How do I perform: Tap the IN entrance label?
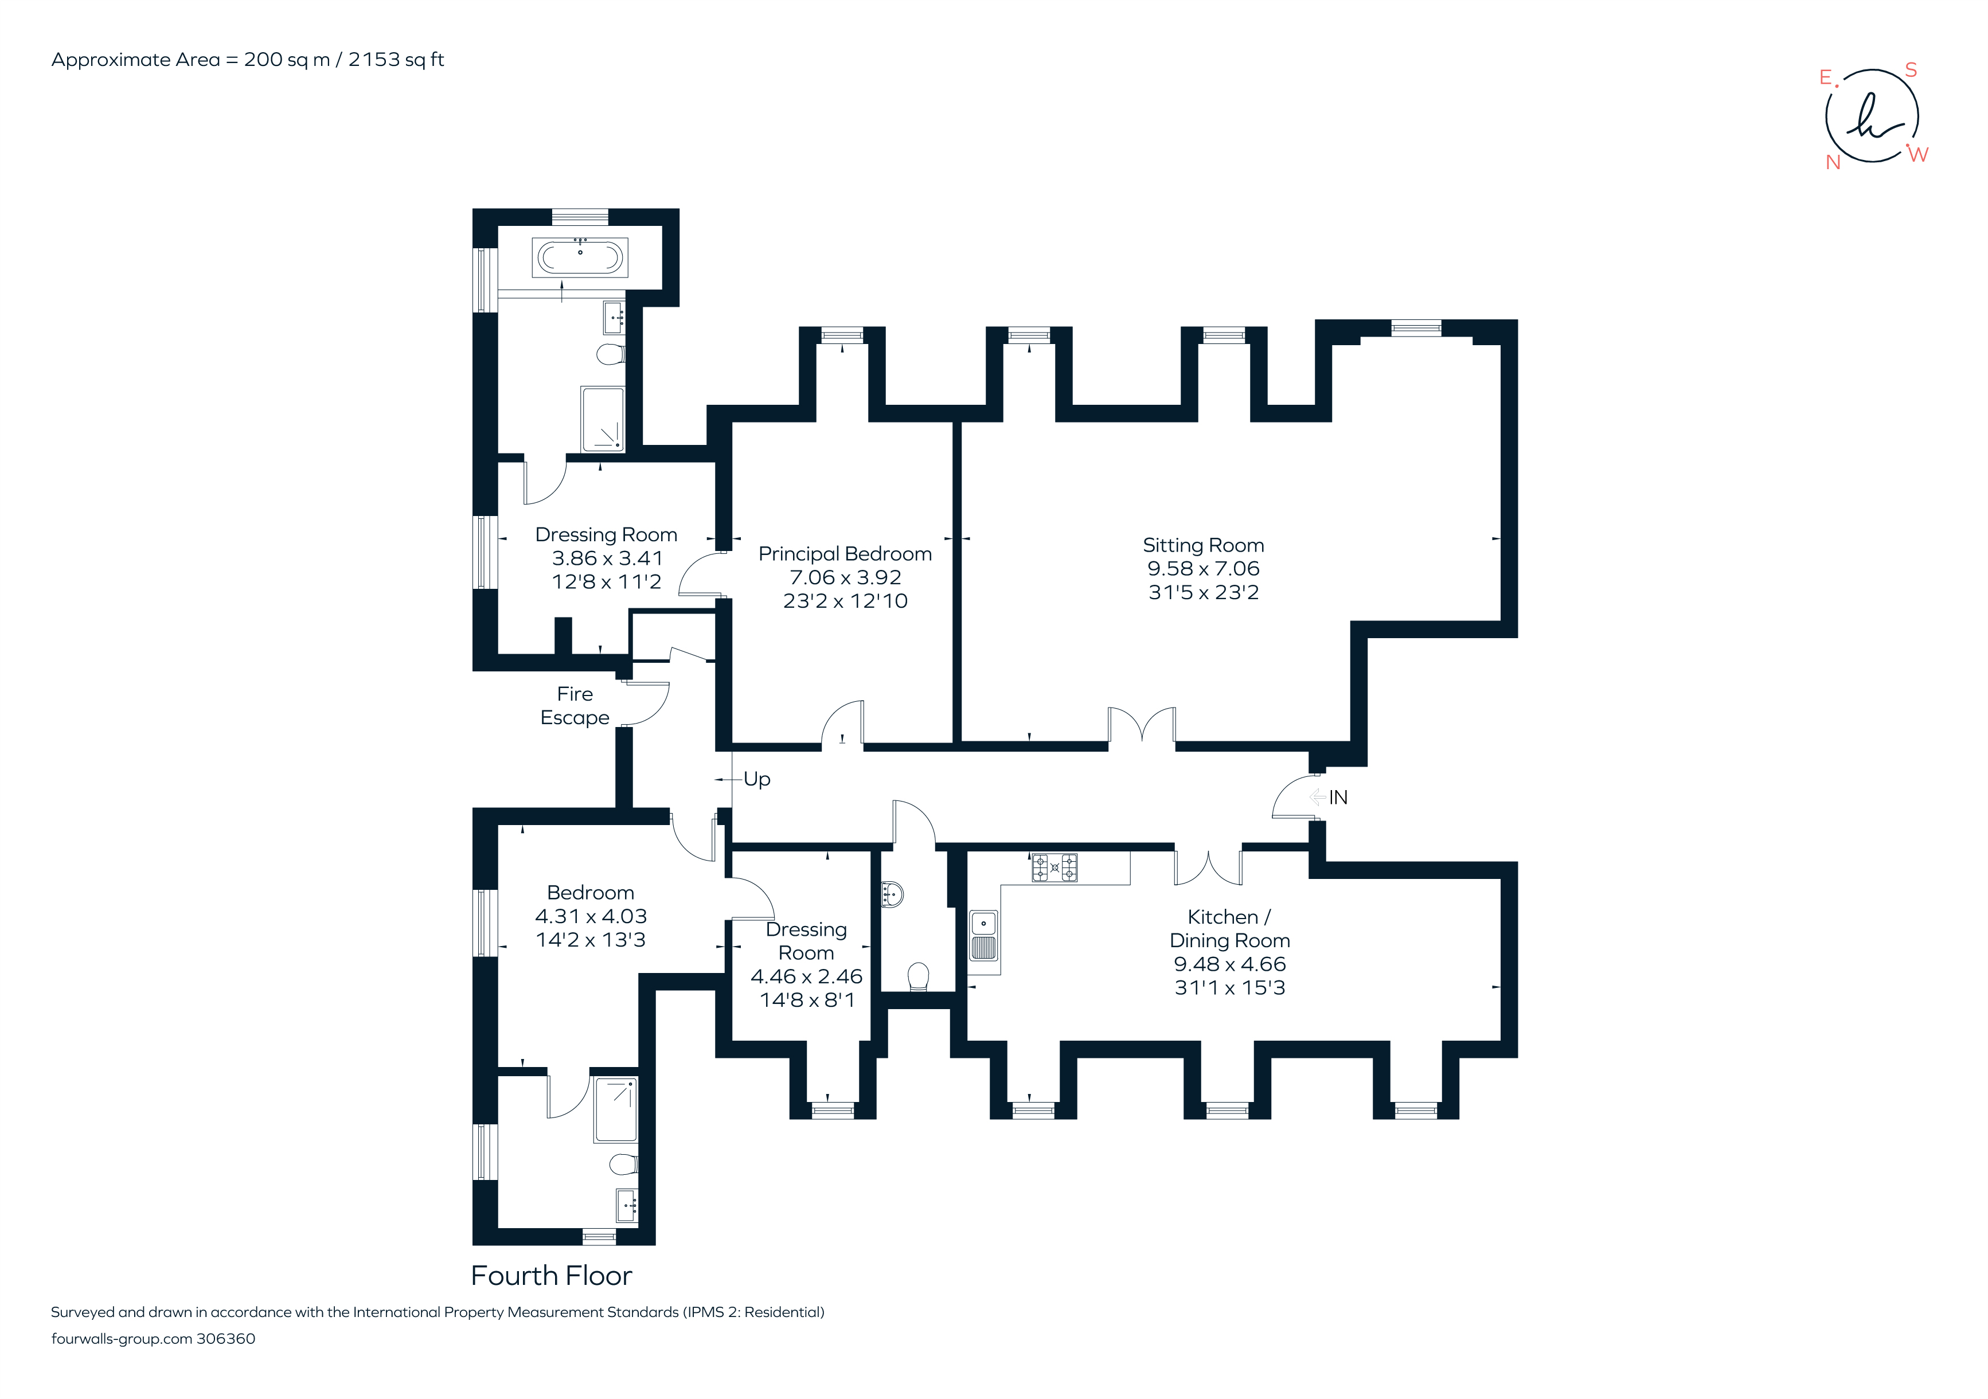1338,798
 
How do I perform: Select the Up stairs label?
757,779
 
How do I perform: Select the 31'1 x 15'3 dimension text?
1229,988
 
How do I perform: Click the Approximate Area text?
248,60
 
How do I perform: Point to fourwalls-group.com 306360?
153,1338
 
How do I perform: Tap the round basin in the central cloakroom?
893,893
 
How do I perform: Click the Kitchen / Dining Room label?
1229,928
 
